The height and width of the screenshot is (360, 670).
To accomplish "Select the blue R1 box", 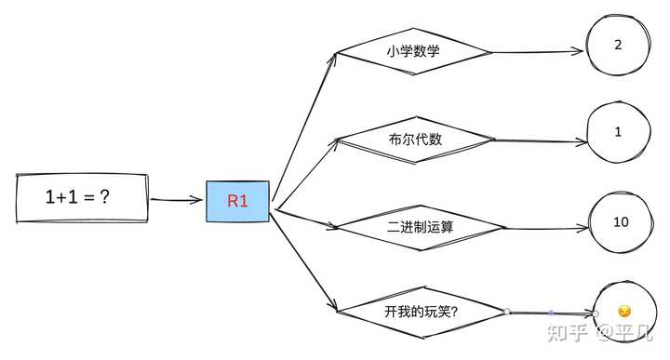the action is point(237,201).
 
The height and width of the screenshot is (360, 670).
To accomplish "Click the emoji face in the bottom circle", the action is point(624,312).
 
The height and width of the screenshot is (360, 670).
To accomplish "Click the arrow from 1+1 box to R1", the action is point(176,199).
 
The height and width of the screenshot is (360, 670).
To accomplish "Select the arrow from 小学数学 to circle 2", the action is point(538,52).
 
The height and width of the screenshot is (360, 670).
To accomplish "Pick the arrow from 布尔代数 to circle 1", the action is point(541,140).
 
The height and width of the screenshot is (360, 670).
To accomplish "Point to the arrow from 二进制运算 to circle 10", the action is point(547,229).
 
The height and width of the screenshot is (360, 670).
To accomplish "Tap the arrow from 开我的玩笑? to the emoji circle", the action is point(551,313).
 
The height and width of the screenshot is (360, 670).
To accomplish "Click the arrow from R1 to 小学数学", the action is point(304,127).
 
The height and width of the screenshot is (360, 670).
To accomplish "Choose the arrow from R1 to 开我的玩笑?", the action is point(303,261).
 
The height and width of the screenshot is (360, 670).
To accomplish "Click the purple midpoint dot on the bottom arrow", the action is point(551,313).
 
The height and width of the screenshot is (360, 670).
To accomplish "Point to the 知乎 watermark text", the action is point(568,333).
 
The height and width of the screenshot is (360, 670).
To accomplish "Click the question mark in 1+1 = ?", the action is point(104,197).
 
